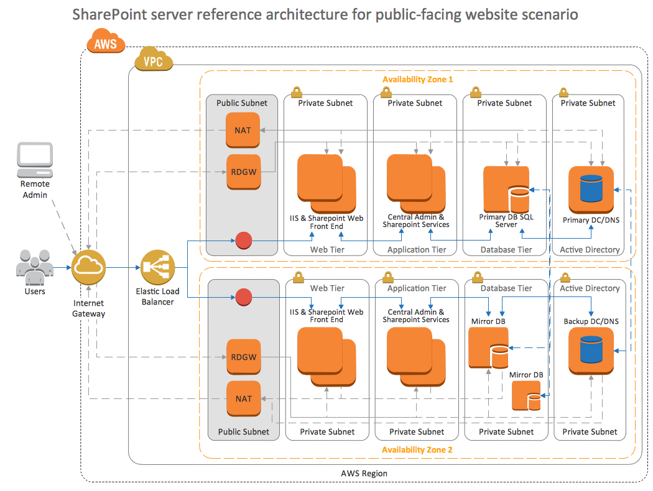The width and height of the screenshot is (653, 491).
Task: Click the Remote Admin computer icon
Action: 35,160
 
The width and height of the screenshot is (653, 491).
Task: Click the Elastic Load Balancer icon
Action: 157,267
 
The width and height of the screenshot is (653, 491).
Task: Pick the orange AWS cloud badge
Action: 106,44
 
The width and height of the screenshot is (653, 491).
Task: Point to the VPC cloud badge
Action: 153,61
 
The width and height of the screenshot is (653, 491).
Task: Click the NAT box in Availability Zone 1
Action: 243,131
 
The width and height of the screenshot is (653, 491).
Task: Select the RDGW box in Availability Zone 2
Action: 243,357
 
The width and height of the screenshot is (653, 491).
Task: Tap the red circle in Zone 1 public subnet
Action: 243,241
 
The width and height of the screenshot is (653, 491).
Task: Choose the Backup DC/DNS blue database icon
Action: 591,350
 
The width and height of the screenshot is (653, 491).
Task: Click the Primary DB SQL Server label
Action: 506,221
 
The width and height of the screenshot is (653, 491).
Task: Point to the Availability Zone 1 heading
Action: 417,80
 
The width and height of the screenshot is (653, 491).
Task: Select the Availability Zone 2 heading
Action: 417,449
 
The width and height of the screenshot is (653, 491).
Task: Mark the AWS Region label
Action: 364,474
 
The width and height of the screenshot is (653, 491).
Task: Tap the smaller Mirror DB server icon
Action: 526,396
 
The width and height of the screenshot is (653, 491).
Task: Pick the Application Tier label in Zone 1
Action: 417,249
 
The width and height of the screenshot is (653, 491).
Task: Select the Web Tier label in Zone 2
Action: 328,288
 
